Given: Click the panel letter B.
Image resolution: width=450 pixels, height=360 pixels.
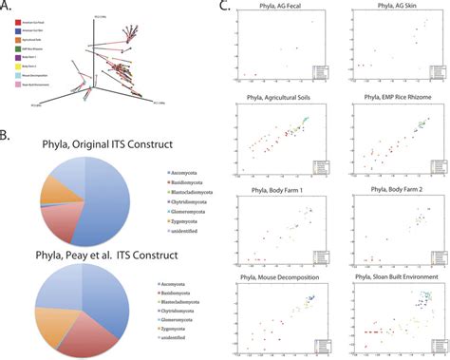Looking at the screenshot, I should (10, 152).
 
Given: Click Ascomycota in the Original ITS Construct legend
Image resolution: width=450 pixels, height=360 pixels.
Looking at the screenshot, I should (153, 195).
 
